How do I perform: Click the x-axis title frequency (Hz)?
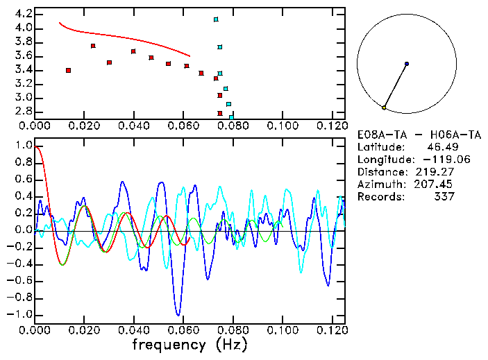tap(190, 344)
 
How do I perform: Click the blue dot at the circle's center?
tap(407, 64)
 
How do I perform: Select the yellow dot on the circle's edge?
tap(384, 108)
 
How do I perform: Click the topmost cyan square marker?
tap(216, 19)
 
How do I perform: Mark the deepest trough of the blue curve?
tap(178, 314)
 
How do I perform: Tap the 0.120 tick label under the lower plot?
tap(332, 330)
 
